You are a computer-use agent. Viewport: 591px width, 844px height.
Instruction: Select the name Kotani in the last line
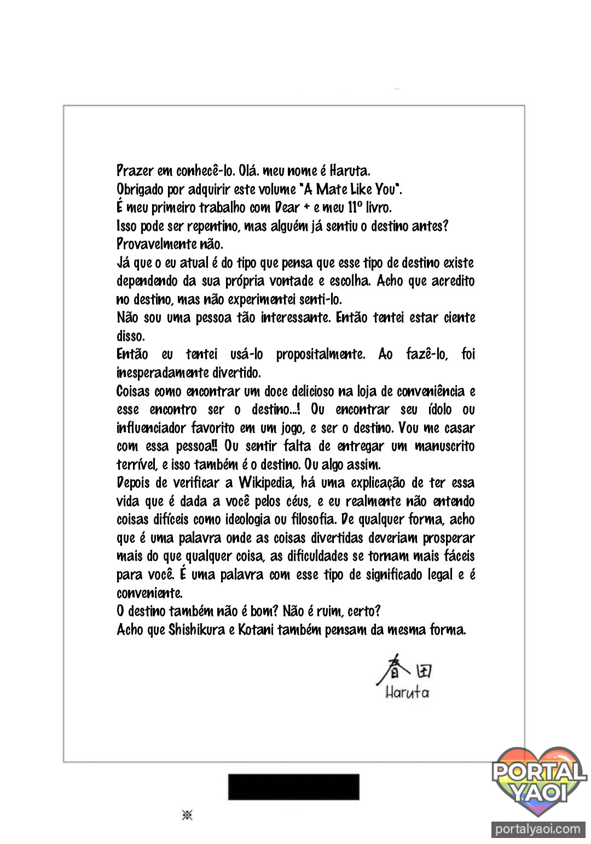[x=256, y=630]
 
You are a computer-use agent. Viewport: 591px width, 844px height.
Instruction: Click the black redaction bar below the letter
[x=293, y=787]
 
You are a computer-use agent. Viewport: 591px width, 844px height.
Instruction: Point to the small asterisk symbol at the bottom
[x=187, y=816]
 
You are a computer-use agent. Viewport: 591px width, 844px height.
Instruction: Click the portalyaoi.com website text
[x=537, y=829]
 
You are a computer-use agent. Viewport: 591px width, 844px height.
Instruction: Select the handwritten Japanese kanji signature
[x=405, y=671]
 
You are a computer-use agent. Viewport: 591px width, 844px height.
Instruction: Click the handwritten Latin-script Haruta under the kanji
[x=407, y=692]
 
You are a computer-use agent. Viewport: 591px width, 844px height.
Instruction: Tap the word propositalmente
[x=320, y=354]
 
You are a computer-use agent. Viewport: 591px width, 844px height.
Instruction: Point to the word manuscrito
[x=444, y=446]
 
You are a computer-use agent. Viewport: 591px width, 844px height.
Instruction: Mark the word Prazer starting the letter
[x=135, y=171]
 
